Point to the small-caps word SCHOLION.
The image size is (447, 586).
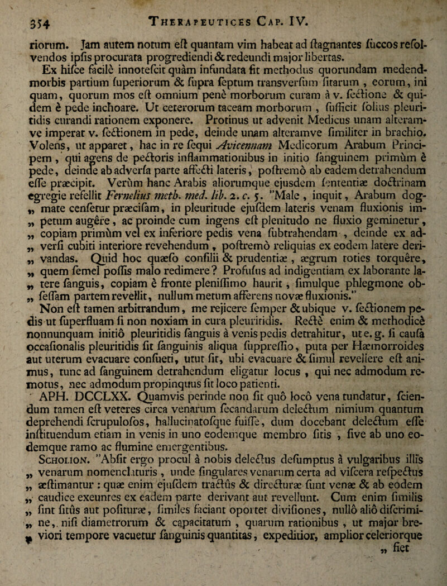76,478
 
